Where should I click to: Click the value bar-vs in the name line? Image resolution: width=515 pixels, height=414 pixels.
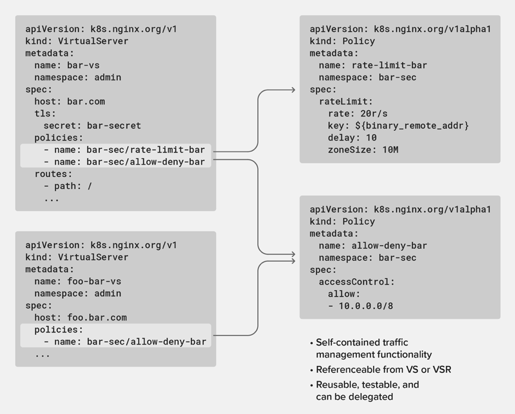point(83,65)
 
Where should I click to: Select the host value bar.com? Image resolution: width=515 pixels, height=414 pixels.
point(86,101)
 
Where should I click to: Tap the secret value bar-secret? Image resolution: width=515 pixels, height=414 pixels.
point(114,125)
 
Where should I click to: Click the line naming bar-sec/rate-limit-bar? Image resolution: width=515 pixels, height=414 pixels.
point(124,150)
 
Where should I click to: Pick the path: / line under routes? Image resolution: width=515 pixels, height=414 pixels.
point(68,186)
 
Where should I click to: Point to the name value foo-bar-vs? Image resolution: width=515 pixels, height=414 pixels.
point(94,281)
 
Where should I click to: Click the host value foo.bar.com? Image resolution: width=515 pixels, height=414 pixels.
point(97,318)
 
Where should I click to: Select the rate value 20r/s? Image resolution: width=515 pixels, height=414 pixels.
point(373,113)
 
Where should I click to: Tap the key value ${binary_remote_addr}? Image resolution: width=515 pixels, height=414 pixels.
point(412,125)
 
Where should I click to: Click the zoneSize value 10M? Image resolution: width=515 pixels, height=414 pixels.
point(390,150)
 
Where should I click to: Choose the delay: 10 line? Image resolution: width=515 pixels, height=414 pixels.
point(352,138)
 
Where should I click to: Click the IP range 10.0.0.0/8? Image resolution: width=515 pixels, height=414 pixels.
point(366,306)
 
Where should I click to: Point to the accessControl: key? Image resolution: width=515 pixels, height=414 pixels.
point(356,282)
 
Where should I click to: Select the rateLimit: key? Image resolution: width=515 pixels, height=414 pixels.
point(346,101)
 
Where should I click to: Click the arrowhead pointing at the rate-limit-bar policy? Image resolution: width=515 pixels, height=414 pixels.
point(293,90)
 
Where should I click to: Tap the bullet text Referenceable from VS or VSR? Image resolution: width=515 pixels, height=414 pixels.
point(383,370)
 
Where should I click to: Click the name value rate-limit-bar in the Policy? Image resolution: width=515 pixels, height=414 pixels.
point(389,65)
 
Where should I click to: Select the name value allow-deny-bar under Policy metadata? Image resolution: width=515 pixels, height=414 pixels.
point(389,246)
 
